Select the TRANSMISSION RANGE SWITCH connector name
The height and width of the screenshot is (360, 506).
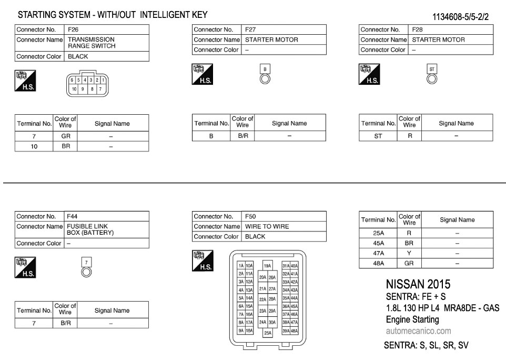pyautogui.click(x=91, y=43)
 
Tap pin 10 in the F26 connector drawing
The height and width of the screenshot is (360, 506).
pyautogui.click(x=75, y=89)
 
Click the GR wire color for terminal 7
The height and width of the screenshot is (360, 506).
pyautogui.click(x=66, y=136)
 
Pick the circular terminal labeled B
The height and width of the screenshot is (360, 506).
pyautogui.click(x=265, y=79)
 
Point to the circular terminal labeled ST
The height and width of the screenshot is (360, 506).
pyautogui.click(x=432, y=79)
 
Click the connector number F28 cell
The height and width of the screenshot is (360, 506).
pyautogui.click(x=417, y=29)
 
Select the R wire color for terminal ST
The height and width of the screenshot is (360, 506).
pyautogui.click(x=409, y=136)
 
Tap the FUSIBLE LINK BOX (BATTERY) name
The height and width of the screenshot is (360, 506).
pyautogui.click(x=90, y=229)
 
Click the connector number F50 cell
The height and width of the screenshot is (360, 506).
pyautogui.click(x=250, y=216)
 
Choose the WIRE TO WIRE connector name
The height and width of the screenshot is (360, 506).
pyautogui.click(x=267, y=226)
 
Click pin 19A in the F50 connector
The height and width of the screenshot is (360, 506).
pyautogui.click(x=268, y=266)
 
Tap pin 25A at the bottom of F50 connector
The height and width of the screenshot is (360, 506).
pyautogui.click(x=268, y=333)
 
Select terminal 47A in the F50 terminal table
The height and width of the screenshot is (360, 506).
pyautogui.click(x=378, y=253)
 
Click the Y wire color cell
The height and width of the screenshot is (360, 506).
pyautogui.click(x=409, y=253)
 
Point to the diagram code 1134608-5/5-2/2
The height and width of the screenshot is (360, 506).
pyautogui.click(x=460, y=17)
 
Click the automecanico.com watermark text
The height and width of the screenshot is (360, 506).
pyautogui.click(x=418, y=331)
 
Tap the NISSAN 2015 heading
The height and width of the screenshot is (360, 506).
pyautogui.click(x=418, y=285)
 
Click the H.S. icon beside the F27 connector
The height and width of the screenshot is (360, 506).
pyautogui.click(x=202, y=74)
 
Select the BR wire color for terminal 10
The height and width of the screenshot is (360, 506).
pyautogui.click(x=66, y=146)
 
